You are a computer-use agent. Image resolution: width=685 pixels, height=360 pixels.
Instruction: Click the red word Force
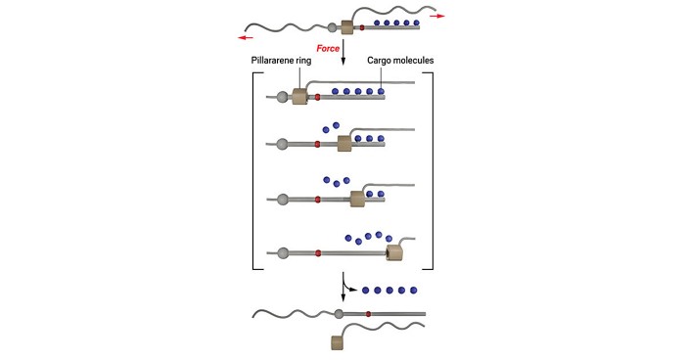[x=328, y=48]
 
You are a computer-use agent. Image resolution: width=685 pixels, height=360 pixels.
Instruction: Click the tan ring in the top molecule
[x=346, y=28]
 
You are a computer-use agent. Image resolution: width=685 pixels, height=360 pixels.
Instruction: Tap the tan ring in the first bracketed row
[x=299, y=96]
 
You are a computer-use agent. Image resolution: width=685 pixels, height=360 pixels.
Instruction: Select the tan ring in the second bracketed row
[x=344, y=144]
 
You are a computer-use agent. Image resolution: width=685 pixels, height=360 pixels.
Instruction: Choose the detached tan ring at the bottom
[x=339, y=342]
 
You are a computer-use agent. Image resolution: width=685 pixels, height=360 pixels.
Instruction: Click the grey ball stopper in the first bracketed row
[x=283, y=97]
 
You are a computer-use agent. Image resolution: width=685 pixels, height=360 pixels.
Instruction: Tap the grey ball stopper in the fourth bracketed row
[x=284, y=253]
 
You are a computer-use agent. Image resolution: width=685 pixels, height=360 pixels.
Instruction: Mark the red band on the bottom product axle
[x=368, y=314]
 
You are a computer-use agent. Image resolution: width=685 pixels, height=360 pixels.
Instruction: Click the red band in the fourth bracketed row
[x=318, y=253]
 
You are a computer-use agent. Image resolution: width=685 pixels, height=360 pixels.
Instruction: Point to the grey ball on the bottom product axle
[x=339, y=314]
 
